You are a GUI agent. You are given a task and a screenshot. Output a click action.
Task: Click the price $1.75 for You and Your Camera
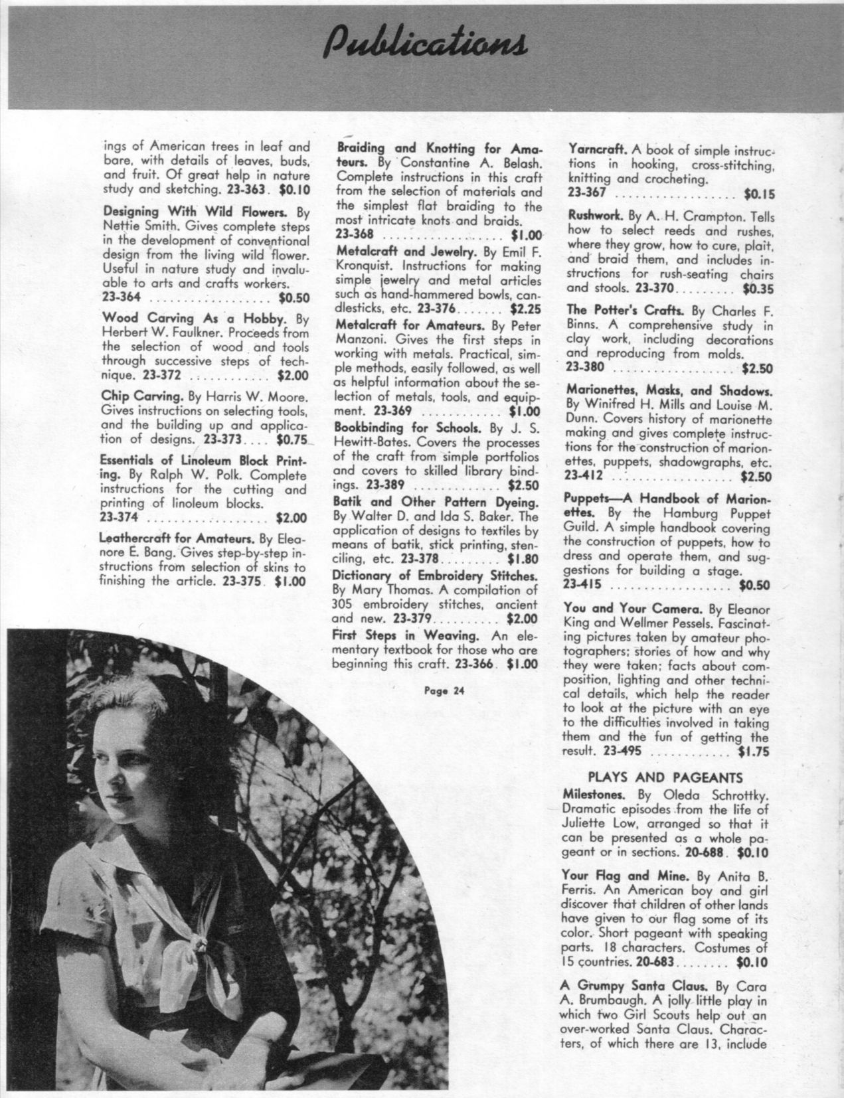pos(753,752)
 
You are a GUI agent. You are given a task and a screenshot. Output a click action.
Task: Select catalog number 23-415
pos(582,586)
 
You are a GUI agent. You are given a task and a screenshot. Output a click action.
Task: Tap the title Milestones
pos(596,794)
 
